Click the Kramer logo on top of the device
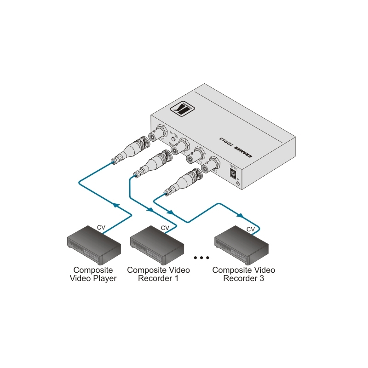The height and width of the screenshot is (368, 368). click(183, 109)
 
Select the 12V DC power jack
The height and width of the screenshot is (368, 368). click(233, 173)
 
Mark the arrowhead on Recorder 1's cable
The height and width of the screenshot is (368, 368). click(149, 209)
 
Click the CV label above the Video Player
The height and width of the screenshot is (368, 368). click(101, 227)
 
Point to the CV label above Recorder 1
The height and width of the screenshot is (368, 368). click(164, 228)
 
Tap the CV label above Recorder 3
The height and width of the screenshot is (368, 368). click(251, 229)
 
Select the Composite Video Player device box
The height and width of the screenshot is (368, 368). click(94, 246)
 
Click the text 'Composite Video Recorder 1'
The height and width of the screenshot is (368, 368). click(158, 274)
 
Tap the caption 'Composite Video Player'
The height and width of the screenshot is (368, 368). click(93, 274)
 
